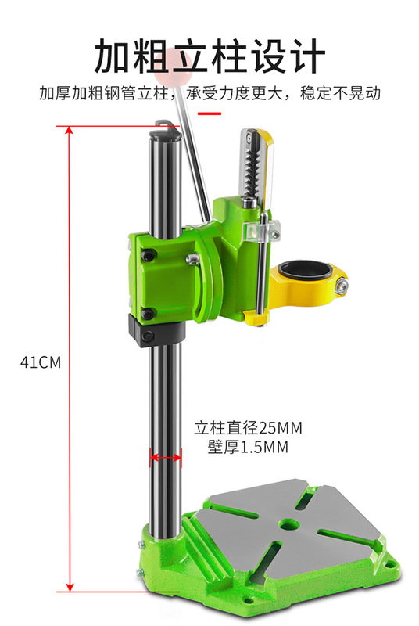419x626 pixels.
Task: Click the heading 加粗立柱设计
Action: pos(209,56)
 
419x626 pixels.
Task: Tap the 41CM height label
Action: pos(41,362)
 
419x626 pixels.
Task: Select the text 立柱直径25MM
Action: pos(248,428)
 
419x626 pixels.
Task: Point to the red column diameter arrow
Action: pos(166,455)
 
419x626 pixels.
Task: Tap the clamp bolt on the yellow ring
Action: pos(342,287)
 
